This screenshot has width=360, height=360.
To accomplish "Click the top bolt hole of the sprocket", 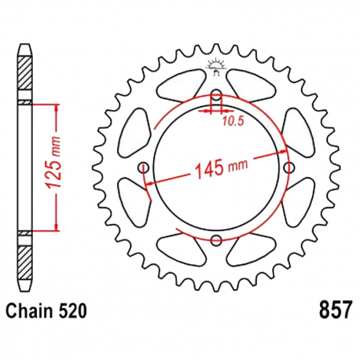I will pyautogui.click(x=216, y=97).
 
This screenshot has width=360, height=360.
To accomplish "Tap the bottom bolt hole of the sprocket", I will pyautogui.click(x=216, y=240).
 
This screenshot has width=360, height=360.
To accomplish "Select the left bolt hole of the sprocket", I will pyautogui.click(x=145, y=168).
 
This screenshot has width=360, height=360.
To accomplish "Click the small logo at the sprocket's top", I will pyautogui.click(x=216, y=68).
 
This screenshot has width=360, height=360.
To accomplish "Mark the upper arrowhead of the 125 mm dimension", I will pyautogui.click(x=57, y=107).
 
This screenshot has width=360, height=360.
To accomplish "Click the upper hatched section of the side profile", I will pyautogui.click(x=27, y=79).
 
